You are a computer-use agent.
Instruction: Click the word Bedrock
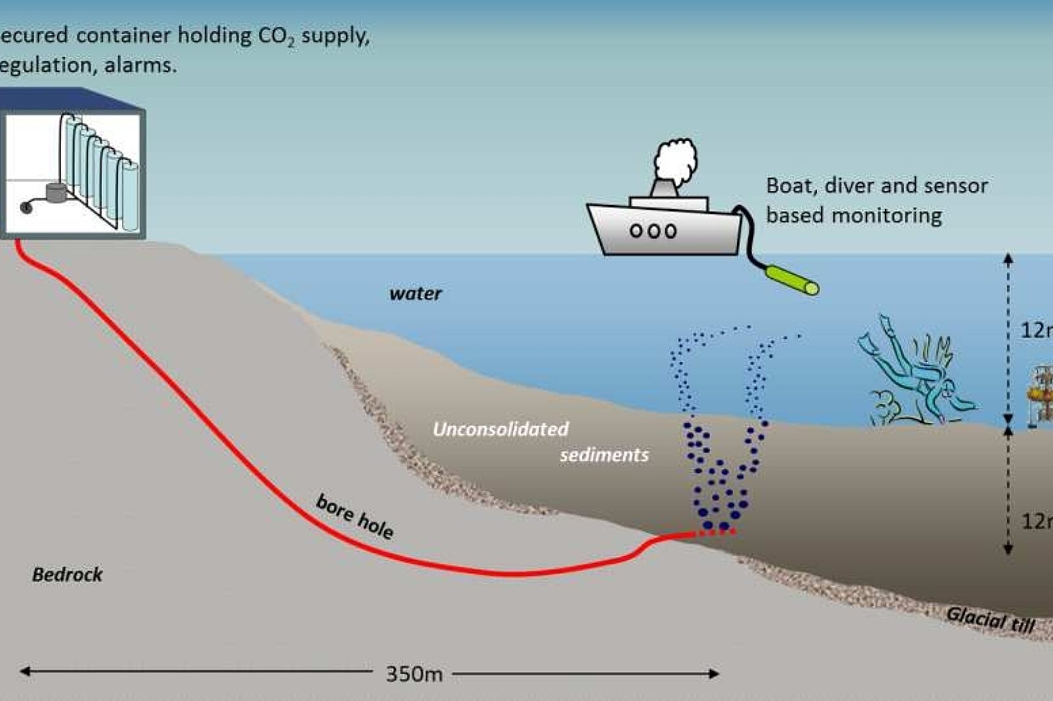pyautogui.click(x=67, y=575)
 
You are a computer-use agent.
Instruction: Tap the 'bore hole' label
pyautogui.click(x=355, y=516)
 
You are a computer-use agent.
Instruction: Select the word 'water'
pyautogui.click(x=415, y=293)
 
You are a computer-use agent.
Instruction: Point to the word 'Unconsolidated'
pyautogui.click(x=500, y=429)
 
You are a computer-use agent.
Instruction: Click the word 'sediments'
pyautogui.click(x=604, y=455)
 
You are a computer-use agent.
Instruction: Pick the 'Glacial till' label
pyautogui.click(x=990, y=619)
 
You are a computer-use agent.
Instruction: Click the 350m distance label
pyautogui.click(x=414, y=674)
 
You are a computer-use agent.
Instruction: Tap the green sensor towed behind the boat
pyautogui.click(x=792, y=279)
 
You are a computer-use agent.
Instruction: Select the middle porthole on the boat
pyautogui.click(x=653, y=231)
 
